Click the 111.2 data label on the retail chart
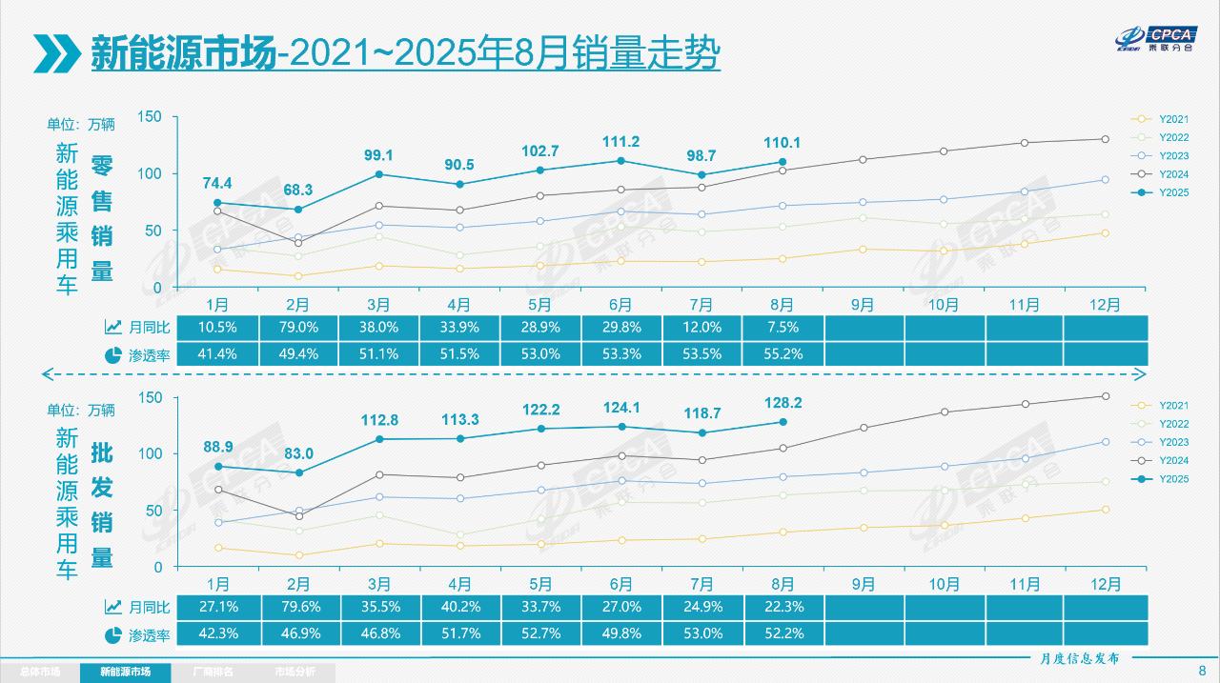pos(620,142)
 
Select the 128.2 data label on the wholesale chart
pos(783,403)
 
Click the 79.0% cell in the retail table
pos(297,327)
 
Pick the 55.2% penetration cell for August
pos(783,353)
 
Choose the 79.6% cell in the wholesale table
pos(297,607)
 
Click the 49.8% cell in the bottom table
pos(620,633)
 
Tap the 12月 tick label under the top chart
pos(1105,305)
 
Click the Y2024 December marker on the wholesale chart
pos(1106,396)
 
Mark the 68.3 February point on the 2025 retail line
pos(298,210)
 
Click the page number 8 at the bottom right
pos(1201,670)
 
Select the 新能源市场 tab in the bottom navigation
pos(126,673)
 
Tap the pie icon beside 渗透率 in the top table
pos(112,354)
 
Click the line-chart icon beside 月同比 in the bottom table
pos(112,607)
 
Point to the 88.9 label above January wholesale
pos(217,447)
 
